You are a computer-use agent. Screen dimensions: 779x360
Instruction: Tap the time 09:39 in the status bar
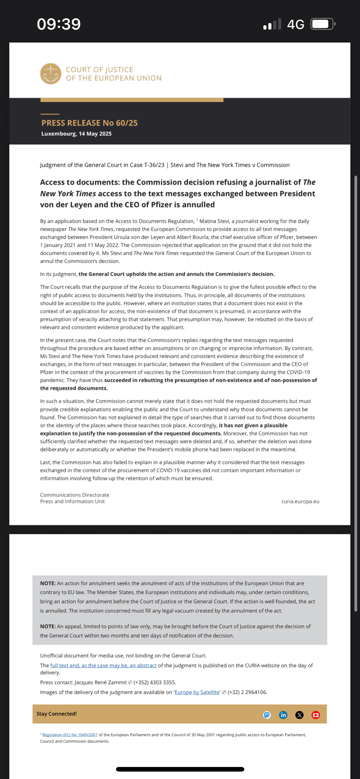tap(59, 24)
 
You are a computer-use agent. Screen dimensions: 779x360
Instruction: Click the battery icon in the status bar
tap(323, 24)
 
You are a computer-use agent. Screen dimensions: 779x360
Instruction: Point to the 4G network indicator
tap(295, 25)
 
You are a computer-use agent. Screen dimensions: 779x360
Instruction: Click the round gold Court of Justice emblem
tap(51, 74)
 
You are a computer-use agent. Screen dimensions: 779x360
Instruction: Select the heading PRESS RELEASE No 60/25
tap(89, 123)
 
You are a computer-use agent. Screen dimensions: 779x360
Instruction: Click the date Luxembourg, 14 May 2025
tap(76, 134)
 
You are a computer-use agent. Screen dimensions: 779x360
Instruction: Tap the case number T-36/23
tap(154, 165)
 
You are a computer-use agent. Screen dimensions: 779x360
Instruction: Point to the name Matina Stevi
tap(215, 221)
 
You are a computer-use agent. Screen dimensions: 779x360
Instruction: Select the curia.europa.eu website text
tap(300, 502)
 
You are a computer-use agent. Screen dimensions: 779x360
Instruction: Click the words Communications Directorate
tap(74, 495)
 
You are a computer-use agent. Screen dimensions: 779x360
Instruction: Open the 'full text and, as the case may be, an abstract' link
tap(103, 666)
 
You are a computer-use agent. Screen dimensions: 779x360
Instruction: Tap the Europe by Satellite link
tap(197, 693)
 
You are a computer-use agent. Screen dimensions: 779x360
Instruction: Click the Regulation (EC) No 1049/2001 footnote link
tap(70, 735)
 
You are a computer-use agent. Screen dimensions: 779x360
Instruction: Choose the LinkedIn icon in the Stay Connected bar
tap(283, 715)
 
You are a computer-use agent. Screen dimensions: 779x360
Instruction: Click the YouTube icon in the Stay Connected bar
tap(316, 715)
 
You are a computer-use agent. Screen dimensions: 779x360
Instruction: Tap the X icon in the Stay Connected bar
tap(299, 715)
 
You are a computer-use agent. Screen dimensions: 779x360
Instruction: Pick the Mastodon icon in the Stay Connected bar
tap(267, 715)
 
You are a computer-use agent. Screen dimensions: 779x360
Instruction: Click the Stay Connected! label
tap(56, 714)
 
